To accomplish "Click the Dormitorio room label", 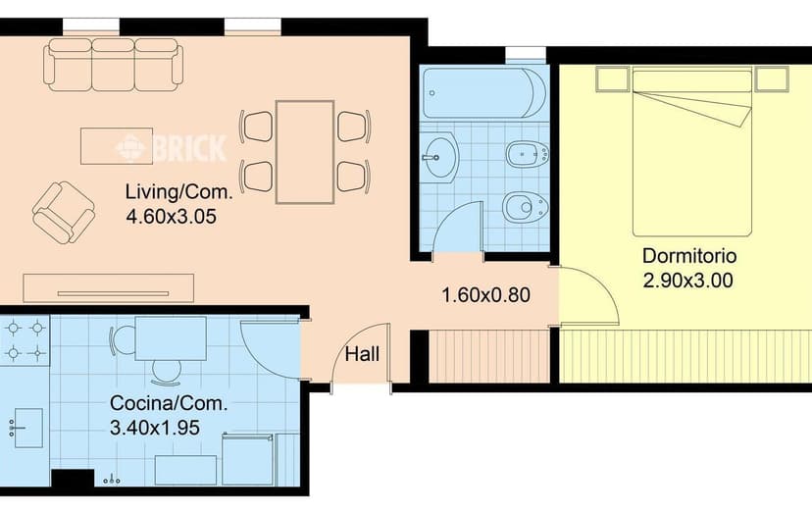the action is coord(689,256).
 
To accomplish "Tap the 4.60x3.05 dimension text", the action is coord(171,216).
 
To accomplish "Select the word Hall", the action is coord(362,354).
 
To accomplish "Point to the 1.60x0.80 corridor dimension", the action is coord(485,295).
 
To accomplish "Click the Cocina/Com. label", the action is coord(169,403).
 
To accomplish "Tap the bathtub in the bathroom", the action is coord(483,93).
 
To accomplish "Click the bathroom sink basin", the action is coord(439,157).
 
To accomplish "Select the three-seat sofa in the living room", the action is coord(114,65).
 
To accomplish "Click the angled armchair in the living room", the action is coord(63,213).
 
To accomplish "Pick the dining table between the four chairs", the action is coord(304,152).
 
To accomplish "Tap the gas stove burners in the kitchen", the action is coord(25,340).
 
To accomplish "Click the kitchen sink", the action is coord(26,428).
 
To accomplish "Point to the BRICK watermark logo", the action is coord(171,148).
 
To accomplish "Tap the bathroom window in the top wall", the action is coord(526,54).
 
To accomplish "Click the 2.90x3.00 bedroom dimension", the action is coord(687,281).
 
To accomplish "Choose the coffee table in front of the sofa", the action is coord(117,146).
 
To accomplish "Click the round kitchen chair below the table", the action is coord(167,372).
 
